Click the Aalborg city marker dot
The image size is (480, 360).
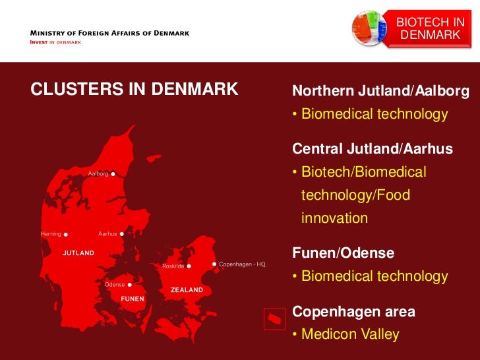(x=113, y=174)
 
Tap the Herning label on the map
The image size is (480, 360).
(x=51, y=234)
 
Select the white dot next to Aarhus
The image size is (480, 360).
(x=122, y=234)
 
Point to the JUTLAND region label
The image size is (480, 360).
(x=78, y=253)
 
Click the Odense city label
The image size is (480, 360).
(x=115, y=285)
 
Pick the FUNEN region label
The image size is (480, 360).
(x=132, y=299)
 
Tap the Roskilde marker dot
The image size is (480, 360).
(x=189, y=266)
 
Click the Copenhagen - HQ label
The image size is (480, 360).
(x=242, y=264)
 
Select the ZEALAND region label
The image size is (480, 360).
(x=187, y=289)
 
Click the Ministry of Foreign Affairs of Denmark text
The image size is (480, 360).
(x=109, y=33)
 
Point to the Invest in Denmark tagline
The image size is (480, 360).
(x=56, y=43)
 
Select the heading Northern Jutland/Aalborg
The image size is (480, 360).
(x=380, y=91)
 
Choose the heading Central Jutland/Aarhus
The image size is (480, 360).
(x=373, y=149)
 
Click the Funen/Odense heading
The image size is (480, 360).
(x=344, y=253)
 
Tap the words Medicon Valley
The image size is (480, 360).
(x=350, y=334)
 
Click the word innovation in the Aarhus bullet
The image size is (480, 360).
(x=334, y=218)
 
